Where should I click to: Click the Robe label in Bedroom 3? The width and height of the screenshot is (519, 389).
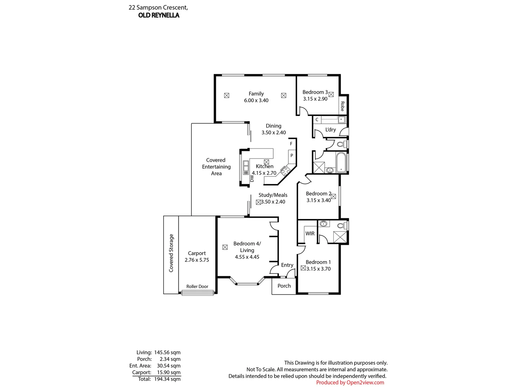pos(342,106)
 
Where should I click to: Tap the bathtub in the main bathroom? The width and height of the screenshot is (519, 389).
pos(341,162)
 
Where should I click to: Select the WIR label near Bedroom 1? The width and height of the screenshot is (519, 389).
pos(310,234)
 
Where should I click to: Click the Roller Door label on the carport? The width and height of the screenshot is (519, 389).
pos(197,286)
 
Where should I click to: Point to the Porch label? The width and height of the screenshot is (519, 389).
pos(284,286)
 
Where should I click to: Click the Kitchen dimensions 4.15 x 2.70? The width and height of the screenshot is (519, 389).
pos(264,173)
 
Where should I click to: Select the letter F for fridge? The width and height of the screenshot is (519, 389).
pos(291,144)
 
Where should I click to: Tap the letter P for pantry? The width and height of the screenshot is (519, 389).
pos(292,155)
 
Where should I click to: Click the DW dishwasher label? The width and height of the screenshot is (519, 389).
pos(252,179)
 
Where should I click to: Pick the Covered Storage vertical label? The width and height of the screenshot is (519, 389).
pos(171,253)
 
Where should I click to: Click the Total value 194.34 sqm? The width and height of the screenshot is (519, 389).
pos(167,379)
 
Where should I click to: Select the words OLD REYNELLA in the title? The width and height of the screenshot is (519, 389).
pos(159,15)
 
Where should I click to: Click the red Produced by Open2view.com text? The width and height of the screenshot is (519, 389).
pos(350,383)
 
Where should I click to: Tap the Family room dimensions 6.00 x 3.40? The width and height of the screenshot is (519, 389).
pos(256,100)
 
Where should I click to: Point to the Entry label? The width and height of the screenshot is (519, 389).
pos(287,265)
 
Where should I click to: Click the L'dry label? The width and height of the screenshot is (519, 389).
pos(331,129)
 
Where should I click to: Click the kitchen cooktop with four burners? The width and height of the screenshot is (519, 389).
pos(285,171)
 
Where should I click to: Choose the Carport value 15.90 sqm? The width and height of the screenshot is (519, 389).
pos(169,372)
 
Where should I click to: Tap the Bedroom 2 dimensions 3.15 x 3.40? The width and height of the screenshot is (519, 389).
pos(319,200)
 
